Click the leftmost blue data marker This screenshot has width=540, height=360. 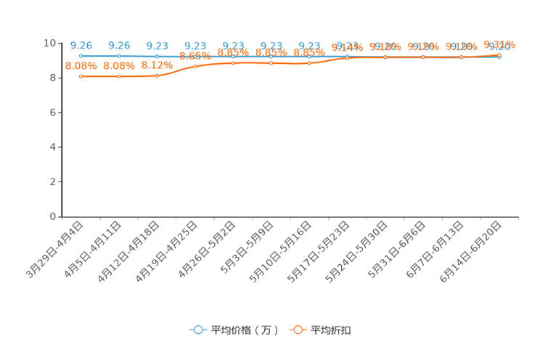coord(81,56)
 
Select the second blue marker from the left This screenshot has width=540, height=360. coord(119,56)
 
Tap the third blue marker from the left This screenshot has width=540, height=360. coord(157,56)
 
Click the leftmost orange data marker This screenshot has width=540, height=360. coord(81,75)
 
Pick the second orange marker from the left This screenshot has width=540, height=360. coord(119,75)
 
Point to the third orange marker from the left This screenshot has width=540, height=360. coord(157,75)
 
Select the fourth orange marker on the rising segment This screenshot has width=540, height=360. coord(195,66)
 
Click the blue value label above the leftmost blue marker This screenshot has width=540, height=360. coord(81,45)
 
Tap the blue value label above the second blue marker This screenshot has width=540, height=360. coord(119,45)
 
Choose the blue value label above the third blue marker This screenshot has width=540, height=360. coord(157,45)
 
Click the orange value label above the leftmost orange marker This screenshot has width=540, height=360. coord(81,65)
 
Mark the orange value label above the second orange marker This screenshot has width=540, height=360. coord(119,65)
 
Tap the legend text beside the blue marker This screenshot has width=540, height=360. coord(244,330)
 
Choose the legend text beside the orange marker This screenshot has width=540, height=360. coord(332,330)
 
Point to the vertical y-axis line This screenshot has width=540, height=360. coord(62,131)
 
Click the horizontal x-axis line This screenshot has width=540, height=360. coord(290,216)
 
